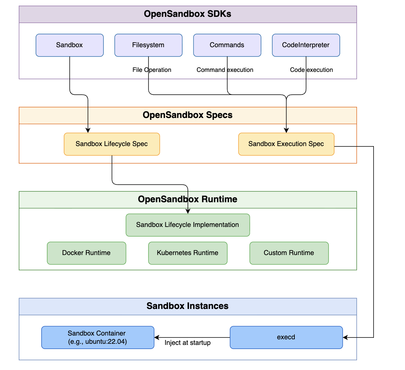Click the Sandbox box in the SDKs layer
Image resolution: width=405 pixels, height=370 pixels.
pos(69,45)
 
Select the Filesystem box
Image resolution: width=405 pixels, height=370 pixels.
pos(148,45)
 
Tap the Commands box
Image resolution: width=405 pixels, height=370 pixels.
pos(227,45)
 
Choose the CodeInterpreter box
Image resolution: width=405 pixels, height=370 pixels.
pos(306,45)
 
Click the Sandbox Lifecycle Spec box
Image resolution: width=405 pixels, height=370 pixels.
pos(112,144)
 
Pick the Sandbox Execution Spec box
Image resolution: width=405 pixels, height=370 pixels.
pos(286,144)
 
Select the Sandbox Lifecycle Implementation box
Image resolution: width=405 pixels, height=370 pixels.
pos(187,225)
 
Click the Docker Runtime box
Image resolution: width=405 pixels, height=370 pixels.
pos(86,253)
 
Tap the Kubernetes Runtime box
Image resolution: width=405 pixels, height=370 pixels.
pos(187,253)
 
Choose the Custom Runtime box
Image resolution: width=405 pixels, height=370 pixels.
pos(289,253)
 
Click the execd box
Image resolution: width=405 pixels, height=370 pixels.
pos(286,337)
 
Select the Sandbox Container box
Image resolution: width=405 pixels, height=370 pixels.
pos(97,337)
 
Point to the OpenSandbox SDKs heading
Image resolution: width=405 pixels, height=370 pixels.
pos(187,14)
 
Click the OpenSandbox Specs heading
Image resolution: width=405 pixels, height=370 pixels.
pos(187,115)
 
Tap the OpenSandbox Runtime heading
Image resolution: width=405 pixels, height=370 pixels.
pos(187,199)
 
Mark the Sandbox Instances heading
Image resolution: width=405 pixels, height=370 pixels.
pos(187,306)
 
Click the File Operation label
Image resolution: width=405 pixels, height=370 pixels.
pos(152,70)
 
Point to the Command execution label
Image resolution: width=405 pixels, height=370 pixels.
pos(225,70)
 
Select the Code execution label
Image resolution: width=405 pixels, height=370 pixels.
pos(311,70)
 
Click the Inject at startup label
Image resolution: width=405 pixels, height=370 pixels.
pos(187,343)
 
